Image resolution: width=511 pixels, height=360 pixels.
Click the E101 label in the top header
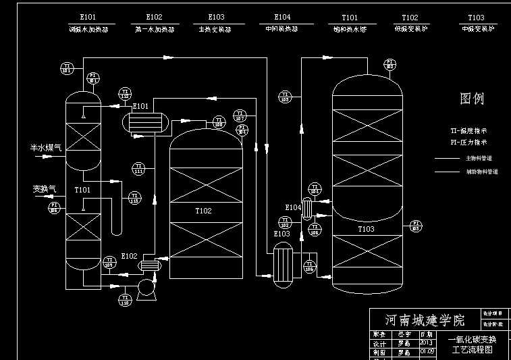(88, 18)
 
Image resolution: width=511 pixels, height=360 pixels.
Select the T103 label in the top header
(476, 18)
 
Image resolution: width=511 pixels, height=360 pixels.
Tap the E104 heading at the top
(283, 18)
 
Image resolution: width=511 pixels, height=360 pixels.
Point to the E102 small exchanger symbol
(150, 265)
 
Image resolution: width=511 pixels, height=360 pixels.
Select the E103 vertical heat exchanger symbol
(281, 265)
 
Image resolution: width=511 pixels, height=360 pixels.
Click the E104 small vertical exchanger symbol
(307, 209)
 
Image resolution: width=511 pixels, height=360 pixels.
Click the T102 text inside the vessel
(203, 211)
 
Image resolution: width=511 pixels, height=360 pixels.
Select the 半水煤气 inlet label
(45, 147)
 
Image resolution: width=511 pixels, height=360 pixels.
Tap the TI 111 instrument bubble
(138, 168)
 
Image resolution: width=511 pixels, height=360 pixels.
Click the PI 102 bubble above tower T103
(390, 64)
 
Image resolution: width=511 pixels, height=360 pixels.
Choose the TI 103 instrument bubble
(284, 97)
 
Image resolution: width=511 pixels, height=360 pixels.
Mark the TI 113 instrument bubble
(134, 197)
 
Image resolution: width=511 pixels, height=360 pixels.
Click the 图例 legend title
(472, 99)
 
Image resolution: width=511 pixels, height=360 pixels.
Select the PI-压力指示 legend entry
(468, 143)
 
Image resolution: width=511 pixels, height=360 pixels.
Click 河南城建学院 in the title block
(425, 319)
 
